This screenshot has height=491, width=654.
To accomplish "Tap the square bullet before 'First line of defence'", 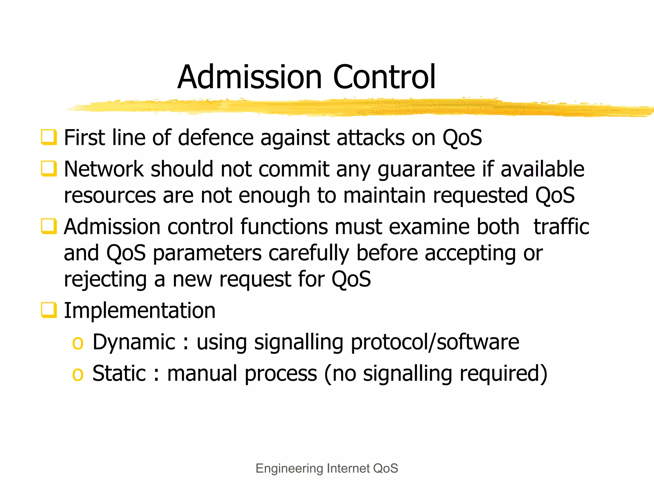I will pos(49,137).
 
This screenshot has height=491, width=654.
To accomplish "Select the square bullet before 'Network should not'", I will pos(49,169).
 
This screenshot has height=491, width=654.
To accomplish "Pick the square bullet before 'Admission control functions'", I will pos(49,226).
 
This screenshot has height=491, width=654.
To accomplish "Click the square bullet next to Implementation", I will pos(49,310).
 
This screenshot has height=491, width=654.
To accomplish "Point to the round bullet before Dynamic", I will pos(78,343).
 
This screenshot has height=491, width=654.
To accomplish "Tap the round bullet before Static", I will pos(78,374).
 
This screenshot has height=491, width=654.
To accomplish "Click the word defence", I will pos(216,138).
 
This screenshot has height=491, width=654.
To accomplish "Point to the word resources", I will pos(110,196).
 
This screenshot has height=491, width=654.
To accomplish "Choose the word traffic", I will pos(561,227).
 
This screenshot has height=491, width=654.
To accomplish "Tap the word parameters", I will pos(208,253).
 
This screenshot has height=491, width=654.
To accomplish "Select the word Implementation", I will pos(140,310).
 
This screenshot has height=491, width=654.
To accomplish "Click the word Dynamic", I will pos(134,342).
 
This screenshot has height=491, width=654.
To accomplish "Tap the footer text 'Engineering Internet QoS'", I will pos(327,468).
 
